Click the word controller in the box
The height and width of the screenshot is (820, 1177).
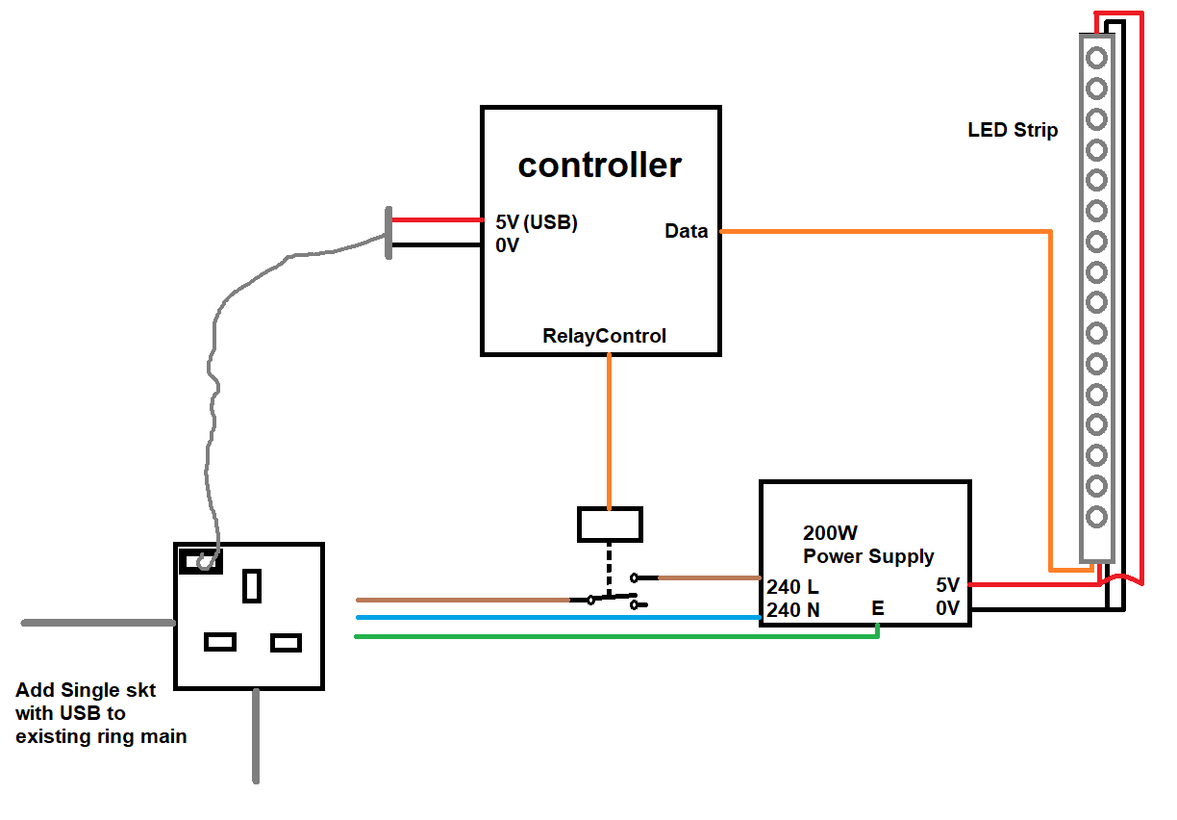[x=599, y=166]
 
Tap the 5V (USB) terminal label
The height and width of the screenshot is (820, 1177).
[x=537, y=222]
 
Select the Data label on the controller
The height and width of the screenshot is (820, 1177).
[x=686, y=231]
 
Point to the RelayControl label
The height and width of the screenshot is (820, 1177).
[x=604, y=336]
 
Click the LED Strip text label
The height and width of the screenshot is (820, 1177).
[x=1013, y=130]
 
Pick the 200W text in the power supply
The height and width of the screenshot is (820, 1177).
[x=830, y=533]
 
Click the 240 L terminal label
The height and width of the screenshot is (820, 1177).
[x=792, y=586]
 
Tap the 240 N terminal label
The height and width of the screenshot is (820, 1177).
[x=792, y=609]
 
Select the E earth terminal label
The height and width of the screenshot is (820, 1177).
[x=877, y=608]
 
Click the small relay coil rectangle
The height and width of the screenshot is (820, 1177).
[x=609, y=525]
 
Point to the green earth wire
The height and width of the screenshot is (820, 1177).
[x=615, y=636]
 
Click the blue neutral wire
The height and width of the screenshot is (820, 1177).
[x=558, y=617]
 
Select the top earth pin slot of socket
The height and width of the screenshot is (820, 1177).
[x=252, y=585]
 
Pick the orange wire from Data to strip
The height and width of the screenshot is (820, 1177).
[x=885, y=231]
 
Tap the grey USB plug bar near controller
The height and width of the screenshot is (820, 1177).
[x=388, y=233]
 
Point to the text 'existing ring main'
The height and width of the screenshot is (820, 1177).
[x=101, y=737]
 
